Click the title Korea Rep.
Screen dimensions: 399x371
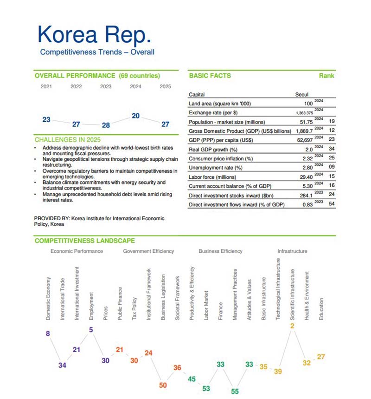pos(94,34)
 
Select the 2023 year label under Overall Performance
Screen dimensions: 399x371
pos(106,86)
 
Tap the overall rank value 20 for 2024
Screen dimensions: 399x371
pos(135,116)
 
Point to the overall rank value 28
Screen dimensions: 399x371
pos(106,125)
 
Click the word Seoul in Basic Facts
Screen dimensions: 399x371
pos(301,95)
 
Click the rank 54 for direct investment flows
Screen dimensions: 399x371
pos(331,205)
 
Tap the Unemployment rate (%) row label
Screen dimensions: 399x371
pos(216,167)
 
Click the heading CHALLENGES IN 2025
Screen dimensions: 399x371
pos(67,140)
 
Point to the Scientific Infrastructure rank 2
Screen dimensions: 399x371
pos(292,326)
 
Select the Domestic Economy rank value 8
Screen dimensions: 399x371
pos(48,334)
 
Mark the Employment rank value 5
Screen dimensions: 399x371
pos(91,330)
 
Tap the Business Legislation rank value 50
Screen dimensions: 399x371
pos(162,385)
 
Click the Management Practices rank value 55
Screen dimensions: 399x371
pos(235,392)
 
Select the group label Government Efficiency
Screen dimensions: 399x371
pos(148,251)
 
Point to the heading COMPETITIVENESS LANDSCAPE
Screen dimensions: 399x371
pos(84,241)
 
